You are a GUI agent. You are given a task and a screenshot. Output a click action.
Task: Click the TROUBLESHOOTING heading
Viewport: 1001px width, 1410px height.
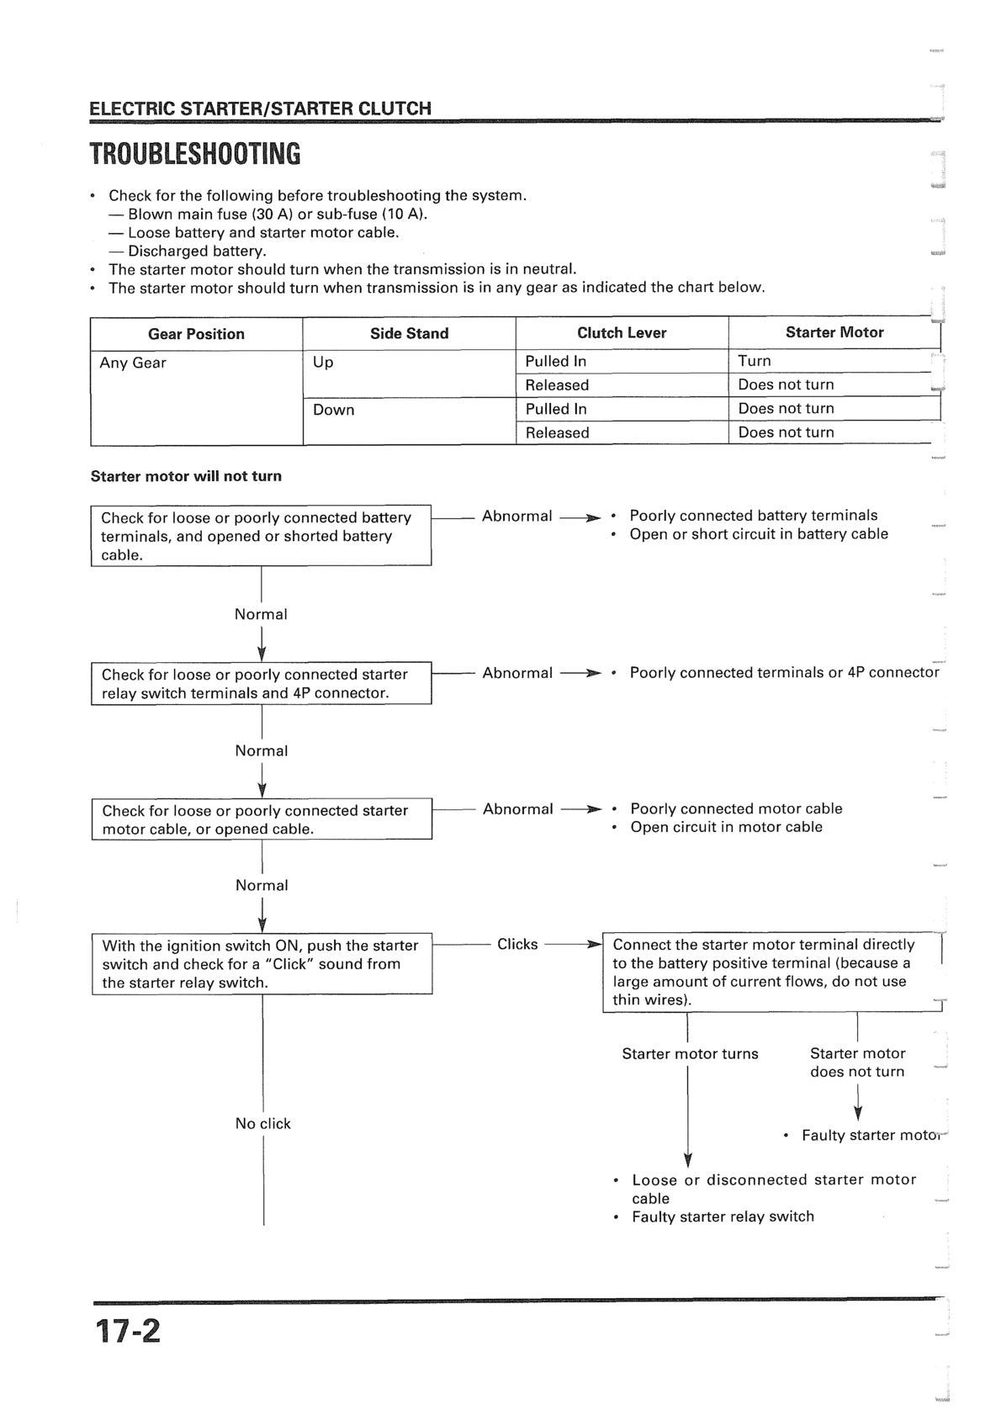[194, 155]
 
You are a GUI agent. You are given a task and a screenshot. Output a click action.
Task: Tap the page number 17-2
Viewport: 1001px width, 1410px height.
[127, 1331]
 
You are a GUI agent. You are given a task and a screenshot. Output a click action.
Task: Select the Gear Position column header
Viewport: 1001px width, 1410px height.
[196, 334]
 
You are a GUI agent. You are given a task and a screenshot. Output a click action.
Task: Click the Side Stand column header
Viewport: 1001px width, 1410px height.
[409, 333]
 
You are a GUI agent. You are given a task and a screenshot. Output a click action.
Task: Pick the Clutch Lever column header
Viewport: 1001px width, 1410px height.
[622, 332]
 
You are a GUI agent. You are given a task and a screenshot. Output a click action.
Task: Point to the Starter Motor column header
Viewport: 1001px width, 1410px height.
[834, 332]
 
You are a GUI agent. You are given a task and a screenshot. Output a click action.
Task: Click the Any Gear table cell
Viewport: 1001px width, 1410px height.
[133, 363]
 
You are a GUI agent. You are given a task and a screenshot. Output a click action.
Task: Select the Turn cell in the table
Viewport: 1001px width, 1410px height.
[755, 361]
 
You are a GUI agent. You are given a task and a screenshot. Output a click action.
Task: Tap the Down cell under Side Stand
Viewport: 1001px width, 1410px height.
[334, 410]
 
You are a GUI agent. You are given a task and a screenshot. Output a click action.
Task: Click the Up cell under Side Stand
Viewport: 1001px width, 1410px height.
[323, 362]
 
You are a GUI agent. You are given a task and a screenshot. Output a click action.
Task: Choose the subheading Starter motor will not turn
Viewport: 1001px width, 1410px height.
[186, 476]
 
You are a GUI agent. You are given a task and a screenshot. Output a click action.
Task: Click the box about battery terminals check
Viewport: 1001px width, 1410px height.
[261, 536]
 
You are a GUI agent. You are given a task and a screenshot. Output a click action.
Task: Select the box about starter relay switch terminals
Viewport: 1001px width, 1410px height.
[261, 683]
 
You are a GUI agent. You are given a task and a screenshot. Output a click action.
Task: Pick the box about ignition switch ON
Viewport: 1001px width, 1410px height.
[262, 964]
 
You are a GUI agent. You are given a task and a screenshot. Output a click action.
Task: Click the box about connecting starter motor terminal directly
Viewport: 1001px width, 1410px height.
[771, 973]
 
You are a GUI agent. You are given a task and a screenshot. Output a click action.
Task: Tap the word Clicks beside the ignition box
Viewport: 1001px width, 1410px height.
[517, 944]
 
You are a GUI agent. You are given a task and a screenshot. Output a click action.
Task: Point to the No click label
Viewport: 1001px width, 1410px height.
[262, 1123]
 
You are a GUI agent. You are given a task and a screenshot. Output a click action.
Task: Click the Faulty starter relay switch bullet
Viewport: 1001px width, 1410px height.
[723, 1217]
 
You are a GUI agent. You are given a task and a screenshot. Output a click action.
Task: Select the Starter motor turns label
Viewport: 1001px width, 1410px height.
[690, 1054]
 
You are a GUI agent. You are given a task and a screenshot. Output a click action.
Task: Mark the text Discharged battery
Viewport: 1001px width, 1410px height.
[197, 251]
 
